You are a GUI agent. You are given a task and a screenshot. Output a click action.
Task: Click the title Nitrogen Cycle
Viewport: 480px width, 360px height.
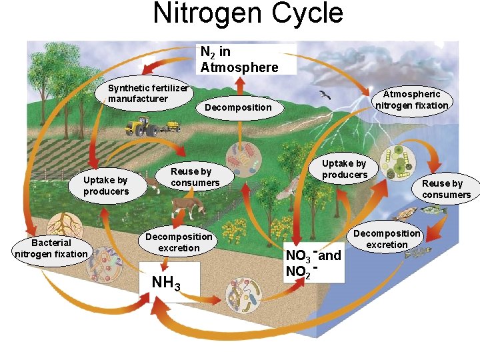(x=248, y=13)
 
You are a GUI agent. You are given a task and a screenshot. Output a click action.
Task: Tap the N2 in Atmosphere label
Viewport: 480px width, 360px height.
(x=239, y=59)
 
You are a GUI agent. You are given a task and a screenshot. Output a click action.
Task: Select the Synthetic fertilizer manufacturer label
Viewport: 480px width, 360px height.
(x=148, y=94)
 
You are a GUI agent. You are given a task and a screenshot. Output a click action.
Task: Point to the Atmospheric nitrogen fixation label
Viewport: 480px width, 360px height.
(x=411, y=100)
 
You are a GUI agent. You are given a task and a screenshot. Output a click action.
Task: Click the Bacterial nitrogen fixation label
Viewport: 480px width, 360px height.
(x=51, y=248)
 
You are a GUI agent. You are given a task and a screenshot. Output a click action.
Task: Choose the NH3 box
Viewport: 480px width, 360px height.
(x=167, y=282)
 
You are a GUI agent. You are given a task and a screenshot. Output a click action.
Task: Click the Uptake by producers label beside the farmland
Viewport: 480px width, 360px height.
(x=106, y=185)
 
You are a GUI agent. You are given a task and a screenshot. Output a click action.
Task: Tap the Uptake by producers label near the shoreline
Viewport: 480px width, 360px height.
(x=344, y=169)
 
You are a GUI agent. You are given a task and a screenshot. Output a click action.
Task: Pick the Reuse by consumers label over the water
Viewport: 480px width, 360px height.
(x=446, y=189)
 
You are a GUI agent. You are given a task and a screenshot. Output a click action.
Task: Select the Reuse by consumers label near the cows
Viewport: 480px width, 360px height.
(x=195, y=177)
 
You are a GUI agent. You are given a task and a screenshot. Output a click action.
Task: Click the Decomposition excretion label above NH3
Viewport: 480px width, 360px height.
(x=179, y=242)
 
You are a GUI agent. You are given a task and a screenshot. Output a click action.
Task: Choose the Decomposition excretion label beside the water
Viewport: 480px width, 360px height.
(x=387, y=239)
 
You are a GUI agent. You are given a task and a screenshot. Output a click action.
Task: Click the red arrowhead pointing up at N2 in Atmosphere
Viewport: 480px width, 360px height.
(x=240, y=81)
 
